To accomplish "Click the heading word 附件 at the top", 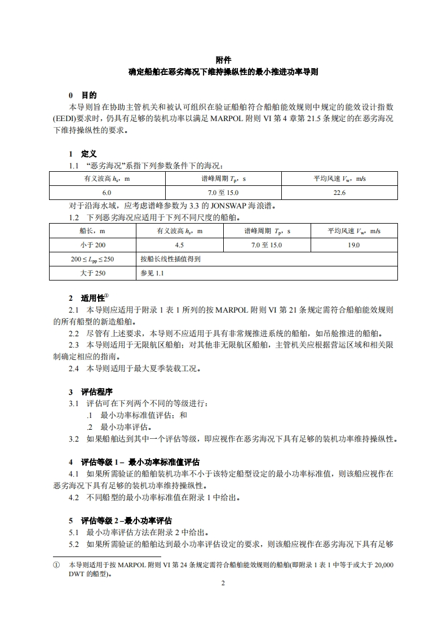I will pyautogui.click(x=223, y=60).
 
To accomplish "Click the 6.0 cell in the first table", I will pyautogui.click(x=107, y=193).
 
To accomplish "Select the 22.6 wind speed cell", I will pyautogui.click(x=339, y=193).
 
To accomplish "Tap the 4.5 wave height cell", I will pyautogui.click(x=180, y=245).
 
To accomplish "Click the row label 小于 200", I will pyautogui.click(x=93, y=245).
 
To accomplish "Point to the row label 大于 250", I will pyautogui.click(x=93, y=273).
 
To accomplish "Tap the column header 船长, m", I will pyautogui.click(x=93, y=231).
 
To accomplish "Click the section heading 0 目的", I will pyautogui.click(x=83, y=95).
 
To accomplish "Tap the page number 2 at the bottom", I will pyautogui.click(x=223, y=584).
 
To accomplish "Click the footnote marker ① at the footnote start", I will pyautogui.click(x=56, y=564).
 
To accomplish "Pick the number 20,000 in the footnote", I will pyautogui.click(x=384, y=564).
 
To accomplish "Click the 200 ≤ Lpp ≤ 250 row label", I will pyautogui.click(x=92, y=259).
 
